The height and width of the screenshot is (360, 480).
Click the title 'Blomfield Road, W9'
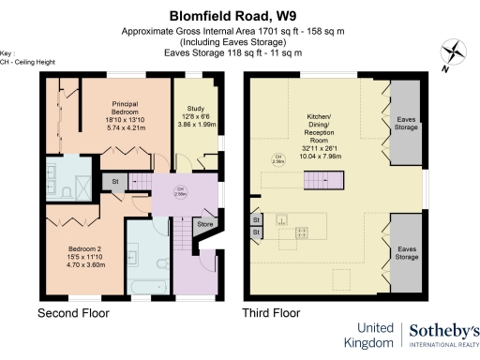click(x=240, y=15)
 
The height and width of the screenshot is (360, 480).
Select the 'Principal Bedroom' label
click(x=126, y=106)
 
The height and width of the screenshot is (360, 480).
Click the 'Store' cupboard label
click(x=204, y=225)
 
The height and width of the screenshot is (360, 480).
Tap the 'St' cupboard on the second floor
click(x=115, y=181)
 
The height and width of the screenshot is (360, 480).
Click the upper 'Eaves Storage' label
click(x=406, y=122)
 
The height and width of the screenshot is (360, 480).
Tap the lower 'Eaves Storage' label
click(x=406, y=251)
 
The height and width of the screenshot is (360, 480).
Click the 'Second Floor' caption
click(x=72, y=312)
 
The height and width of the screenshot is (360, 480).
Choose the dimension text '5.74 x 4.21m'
click(x=126, y=127)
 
